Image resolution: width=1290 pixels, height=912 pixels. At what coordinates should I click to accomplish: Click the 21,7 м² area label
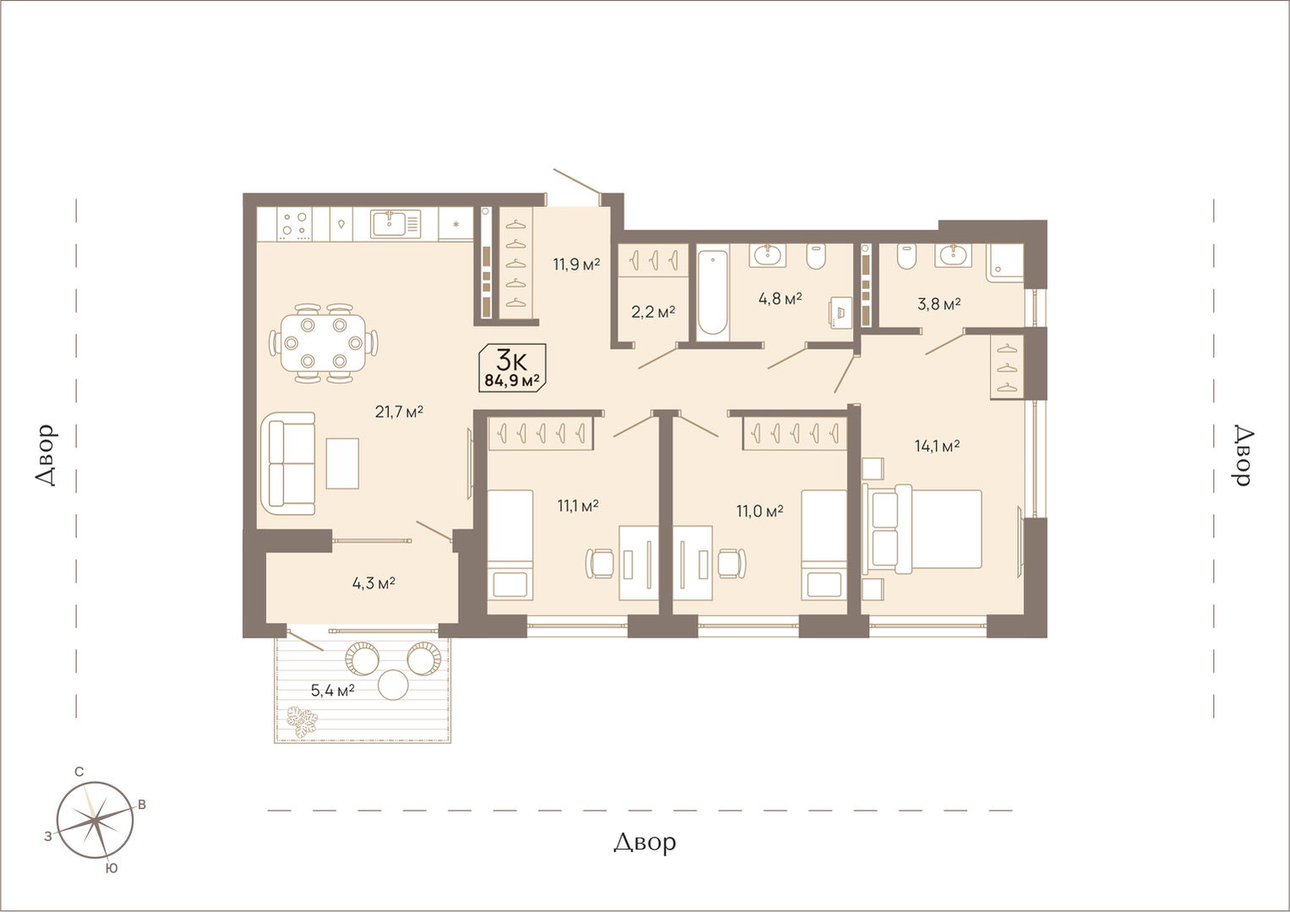point(399,412)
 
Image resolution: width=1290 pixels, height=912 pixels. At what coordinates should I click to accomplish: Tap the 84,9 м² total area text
point(512,380)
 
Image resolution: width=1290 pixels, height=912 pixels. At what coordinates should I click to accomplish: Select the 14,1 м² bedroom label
point(937,445)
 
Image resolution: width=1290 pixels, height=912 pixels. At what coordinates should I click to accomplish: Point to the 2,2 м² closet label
point(653,312)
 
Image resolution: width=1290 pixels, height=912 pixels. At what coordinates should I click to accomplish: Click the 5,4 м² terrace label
point(332,691)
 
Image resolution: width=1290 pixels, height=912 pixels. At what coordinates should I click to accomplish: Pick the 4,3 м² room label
point(374,583)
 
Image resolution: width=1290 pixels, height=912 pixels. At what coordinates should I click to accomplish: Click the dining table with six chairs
point(324,343)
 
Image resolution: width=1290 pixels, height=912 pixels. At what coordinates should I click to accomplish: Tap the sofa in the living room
point(288,463)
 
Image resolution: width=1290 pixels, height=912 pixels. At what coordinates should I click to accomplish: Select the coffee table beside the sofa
point(342,463)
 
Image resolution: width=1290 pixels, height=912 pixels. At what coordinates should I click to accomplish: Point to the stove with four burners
point(294,224)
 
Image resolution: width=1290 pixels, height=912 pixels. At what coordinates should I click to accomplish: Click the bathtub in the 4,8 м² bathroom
point(713,293)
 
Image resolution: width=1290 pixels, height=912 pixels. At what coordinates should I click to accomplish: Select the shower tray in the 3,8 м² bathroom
point(1005,263)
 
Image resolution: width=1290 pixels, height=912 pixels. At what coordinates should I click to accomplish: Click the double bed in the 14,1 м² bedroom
point(922,529)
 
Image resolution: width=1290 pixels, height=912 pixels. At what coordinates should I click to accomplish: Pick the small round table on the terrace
point(393,685)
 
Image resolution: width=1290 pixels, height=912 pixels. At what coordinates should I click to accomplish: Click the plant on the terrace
point(303,721)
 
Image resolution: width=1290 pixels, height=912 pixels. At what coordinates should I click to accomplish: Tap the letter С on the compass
point(79,772)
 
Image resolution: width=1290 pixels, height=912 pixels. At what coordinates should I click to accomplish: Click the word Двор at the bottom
point(644,843)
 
